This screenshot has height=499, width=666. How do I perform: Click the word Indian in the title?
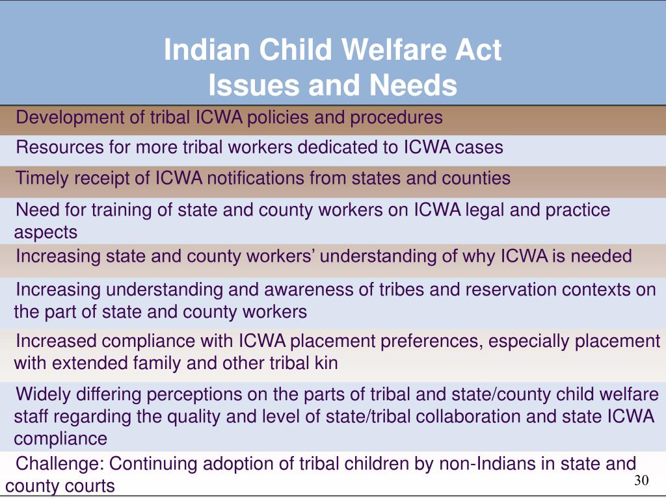click(x=207, y=49)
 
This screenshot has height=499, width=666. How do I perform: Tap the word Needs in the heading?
click(x=413, y=85)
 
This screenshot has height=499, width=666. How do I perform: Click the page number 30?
click(x=641, y=480)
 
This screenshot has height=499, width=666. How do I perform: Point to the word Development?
click(x=70, y=118)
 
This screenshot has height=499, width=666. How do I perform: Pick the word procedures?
click(x=396, y=118)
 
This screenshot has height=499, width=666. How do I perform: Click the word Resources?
click(x=60, y=147)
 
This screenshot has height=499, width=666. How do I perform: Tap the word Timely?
click(x=42, y=179)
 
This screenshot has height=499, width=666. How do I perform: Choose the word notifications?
click(x=255, y=178)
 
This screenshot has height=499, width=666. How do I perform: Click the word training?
click(x=122, y=211)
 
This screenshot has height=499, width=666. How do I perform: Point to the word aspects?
click(x=46, y=233)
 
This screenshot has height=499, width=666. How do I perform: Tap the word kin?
click(x=326, y=363)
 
